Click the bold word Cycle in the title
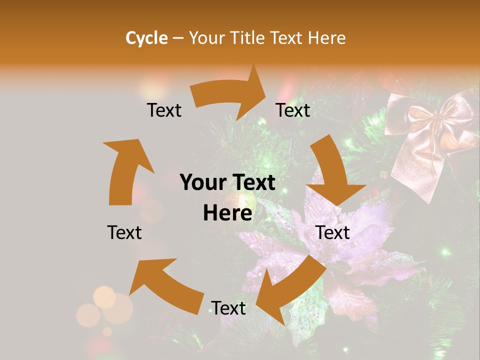point(146,38)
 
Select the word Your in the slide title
point(206,38)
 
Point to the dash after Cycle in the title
point(178,38)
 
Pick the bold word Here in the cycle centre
point(227,213)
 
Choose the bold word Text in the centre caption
point(251,182)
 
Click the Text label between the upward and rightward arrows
point(164,110)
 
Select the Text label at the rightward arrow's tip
point(293,110)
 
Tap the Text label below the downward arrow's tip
point(332,232)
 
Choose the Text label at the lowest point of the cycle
point(228,308)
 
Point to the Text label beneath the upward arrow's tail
point(124,232)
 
